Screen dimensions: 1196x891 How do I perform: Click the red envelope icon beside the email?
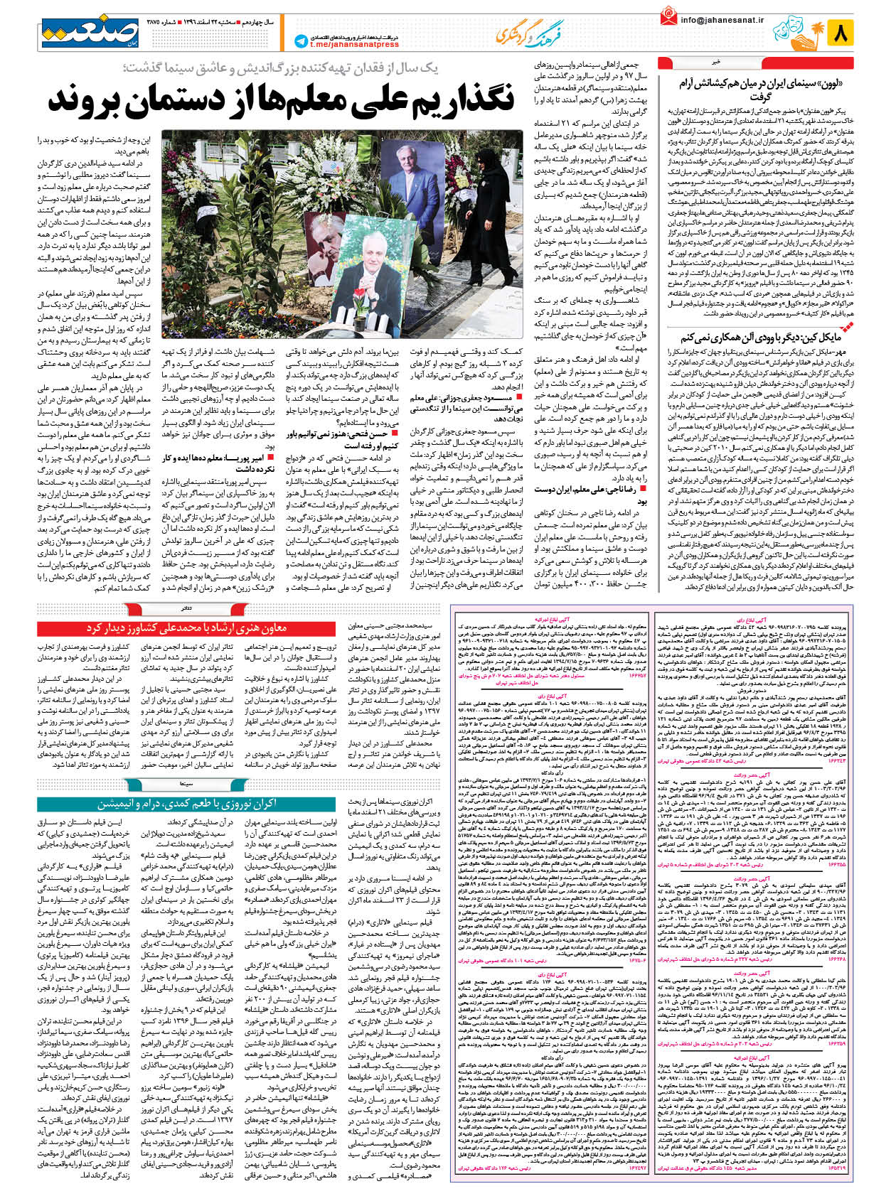point(668,17)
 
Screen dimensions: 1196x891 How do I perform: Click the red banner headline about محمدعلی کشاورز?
point(186,629)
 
